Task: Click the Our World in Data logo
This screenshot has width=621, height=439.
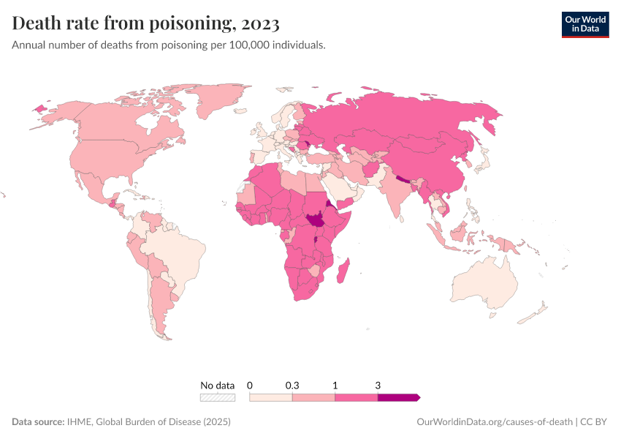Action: pyautogui.click(x=584, y=24)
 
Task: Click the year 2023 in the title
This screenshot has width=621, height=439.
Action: pyautogui.click(x=259, y=24)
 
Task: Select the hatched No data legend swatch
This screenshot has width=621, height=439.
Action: pyautogui.click(x=218, y=397)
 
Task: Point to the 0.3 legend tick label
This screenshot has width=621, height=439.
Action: pyautogui.click(x=292, y=385)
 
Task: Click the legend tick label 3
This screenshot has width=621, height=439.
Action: pyautogui.click(x=378, y=385)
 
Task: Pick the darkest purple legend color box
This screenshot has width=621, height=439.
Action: pyautogui.click(x=398, y=397)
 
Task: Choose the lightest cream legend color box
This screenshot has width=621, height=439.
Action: pyautogui.click(x=271, y=397)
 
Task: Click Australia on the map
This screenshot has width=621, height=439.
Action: pyautogui.click(x=483, y=282)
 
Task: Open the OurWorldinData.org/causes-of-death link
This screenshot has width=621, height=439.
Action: pyautogui.click(x=494, y=422)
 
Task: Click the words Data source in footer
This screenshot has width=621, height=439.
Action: pyautogui.click(x=37, y=422)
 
